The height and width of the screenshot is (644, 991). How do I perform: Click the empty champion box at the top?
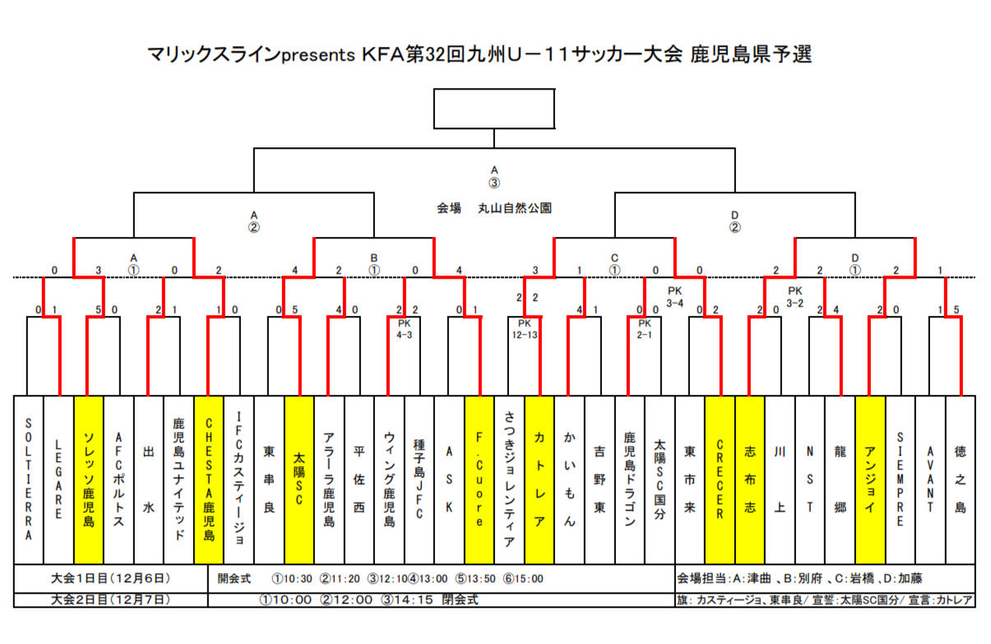click(x=494, y=107)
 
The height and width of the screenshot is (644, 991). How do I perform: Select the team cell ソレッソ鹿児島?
click(x=89, y=480)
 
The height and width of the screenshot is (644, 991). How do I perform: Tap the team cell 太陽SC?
click(x=299, y=480)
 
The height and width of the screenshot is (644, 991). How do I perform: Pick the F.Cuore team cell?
click(x=479, y=480)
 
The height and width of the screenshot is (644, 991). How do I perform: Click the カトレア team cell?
click(x=539, y=480)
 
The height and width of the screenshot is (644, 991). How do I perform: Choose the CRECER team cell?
click(x=720, y=480)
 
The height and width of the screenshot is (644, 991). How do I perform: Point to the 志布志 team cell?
click(x=749, y=480)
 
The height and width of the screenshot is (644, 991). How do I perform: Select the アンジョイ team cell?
click(x=870, y=480)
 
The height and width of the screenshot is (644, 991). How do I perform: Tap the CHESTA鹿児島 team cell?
click(x=209, y=480)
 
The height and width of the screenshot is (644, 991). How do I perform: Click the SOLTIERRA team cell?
click(x=29, y=480)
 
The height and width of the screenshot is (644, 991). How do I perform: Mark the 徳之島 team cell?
click(x=960, y=480)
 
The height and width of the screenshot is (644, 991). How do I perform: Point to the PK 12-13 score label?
click(x=525, y=329)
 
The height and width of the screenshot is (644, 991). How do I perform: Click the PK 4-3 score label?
click(x=404, y=329)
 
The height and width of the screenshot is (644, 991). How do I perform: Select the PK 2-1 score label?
click(x=645, y=329)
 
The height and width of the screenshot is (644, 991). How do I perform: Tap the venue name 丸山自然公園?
click(x=515, y=209)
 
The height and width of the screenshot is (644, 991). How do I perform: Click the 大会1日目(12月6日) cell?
click(x=110, y=578)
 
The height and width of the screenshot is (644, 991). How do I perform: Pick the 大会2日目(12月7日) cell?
click(x=110, y=600)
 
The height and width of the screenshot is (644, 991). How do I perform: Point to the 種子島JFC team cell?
click(x=419, y=480)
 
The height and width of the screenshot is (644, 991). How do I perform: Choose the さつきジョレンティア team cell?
click(x=509, y=480)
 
